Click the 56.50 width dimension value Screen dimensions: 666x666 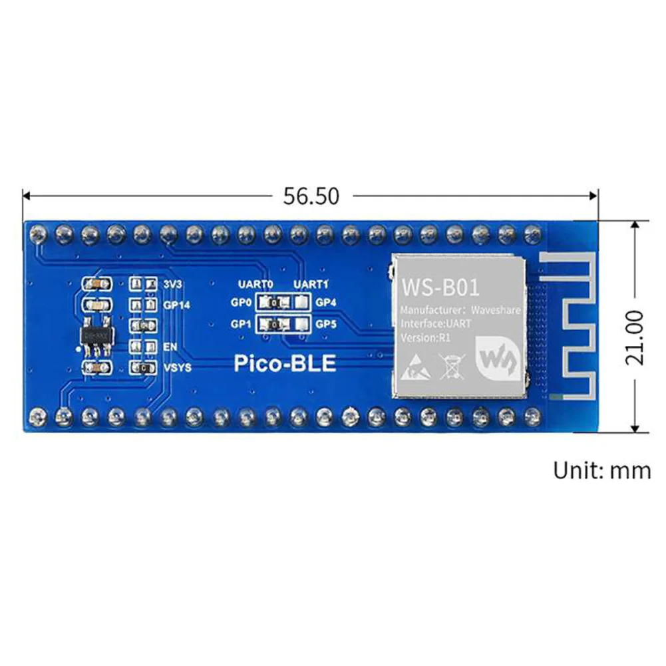[x=311, y=196]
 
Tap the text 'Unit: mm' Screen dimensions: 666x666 [x=601, y=470]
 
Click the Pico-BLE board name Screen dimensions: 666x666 [x=285, y=363]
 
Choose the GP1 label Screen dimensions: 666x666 [x=241, y=325]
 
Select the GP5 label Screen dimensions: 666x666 [x=326, y=325]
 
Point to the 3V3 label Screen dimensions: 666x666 [x=172, y=284]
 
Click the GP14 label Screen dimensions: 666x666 [x=177, y=305]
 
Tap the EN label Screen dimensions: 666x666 [x=169, y=347]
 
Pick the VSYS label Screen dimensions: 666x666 [x=177, y=367]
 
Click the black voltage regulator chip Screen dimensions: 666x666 [x=95, y=337]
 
